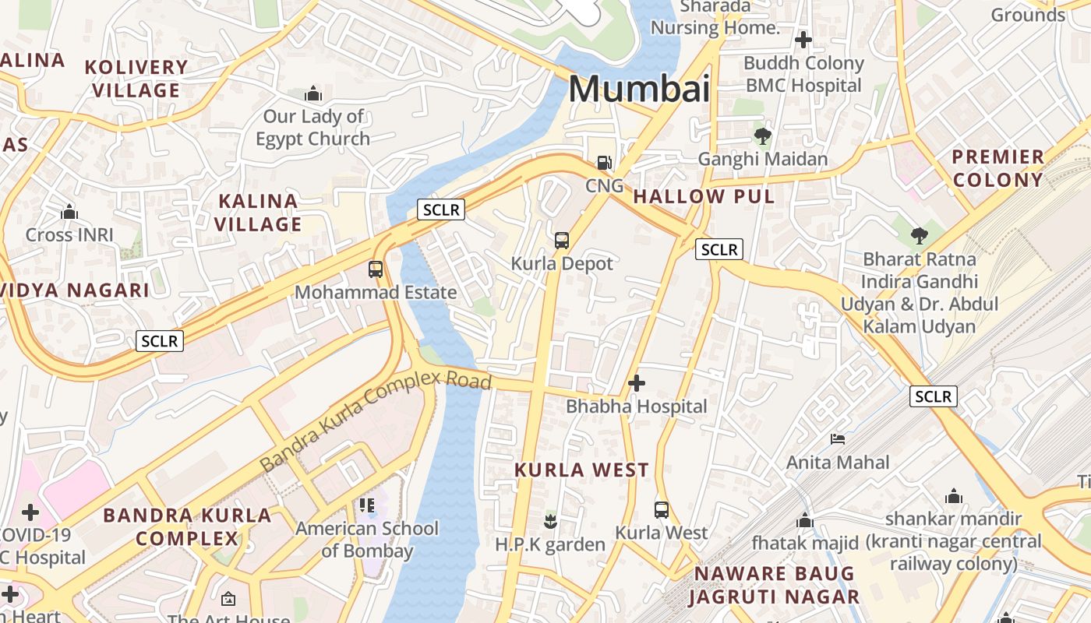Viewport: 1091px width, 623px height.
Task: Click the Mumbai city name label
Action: click(638, 89)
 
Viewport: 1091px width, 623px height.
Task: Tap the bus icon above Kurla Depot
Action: click(562, 241)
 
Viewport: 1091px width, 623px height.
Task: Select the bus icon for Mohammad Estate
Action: click(376, 269)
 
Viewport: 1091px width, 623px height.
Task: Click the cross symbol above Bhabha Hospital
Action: click(637, 383)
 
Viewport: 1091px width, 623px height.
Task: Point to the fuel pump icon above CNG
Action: click(604, 163)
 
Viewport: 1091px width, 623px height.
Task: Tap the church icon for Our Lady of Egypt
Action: click(313, 94)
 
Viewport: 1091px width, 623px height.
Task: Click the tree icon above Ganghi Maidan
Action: click(763, 136)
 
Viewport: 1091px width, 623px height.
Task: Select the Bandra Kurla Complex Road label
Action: click(376, 421)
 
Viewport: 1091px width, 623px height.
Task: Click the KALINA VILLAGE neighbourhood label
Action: click(258, 213)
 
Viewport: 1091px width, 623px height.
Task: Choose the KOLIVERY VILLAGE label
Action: click(136, 79)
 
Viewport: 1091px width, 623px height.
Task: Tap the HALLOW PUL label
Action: click(704, 196)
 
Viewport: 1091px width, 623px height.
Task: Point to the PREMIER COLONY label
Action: click(997, 168)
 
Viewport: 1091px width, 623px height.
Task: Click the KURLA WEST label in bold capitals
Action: click(581, 470)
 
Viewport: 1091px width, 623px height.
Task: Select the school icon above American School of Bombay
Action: click(367, 505)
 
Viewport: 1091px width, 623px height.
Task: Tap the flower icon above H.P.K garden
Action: click(550, 521)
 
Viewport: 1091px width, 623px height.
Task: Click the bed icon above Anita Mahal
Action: click(838, 439)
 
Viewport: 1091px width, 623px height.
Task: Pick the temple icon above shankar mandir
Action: click(953, 496)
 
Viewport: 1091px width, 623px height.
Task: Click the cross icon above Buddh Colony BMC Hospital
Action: click(803, 40)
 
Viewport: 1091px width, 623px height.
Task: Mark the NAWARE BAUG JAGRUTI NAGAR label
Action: click(776, 586)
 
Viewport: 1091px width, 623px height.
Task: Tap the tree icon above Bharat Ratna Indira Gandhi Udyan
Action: click(920, 235)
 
